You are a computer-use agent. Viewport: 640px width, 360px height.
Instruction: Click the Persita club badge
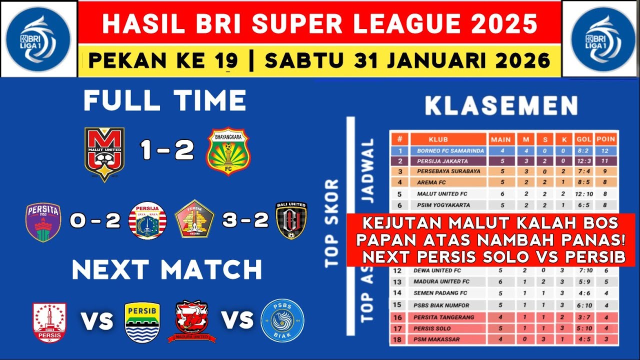(43, 222)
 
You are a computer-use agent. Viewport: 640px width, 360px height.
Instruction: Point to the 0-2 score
(95, 220)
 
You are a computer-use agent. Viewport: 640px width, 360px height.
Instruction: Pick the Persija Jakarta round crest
(147, 221)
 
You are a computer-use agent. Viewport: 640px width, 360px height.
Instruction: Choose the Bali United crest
(291, 220)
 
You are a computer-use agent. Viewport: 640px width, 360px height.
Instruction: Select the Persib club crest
(142, 322)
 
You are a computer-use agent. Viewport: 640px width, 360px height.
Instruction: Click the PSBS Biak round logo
(282, 320)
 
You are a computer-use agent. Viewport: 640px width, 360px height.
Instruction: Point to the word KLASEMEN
(501, 106)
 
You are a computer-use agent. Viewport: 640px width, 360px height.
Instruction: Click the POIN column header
(605, 139)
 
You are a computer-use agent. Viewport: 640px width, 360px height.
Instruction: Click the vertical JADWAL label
(368, 170)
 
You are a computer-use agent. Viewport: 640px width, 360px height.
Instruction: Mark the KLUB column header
(438, 139)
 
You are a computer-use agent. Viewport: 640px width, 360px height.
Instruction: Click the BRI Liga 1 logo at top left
(38, 38)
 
